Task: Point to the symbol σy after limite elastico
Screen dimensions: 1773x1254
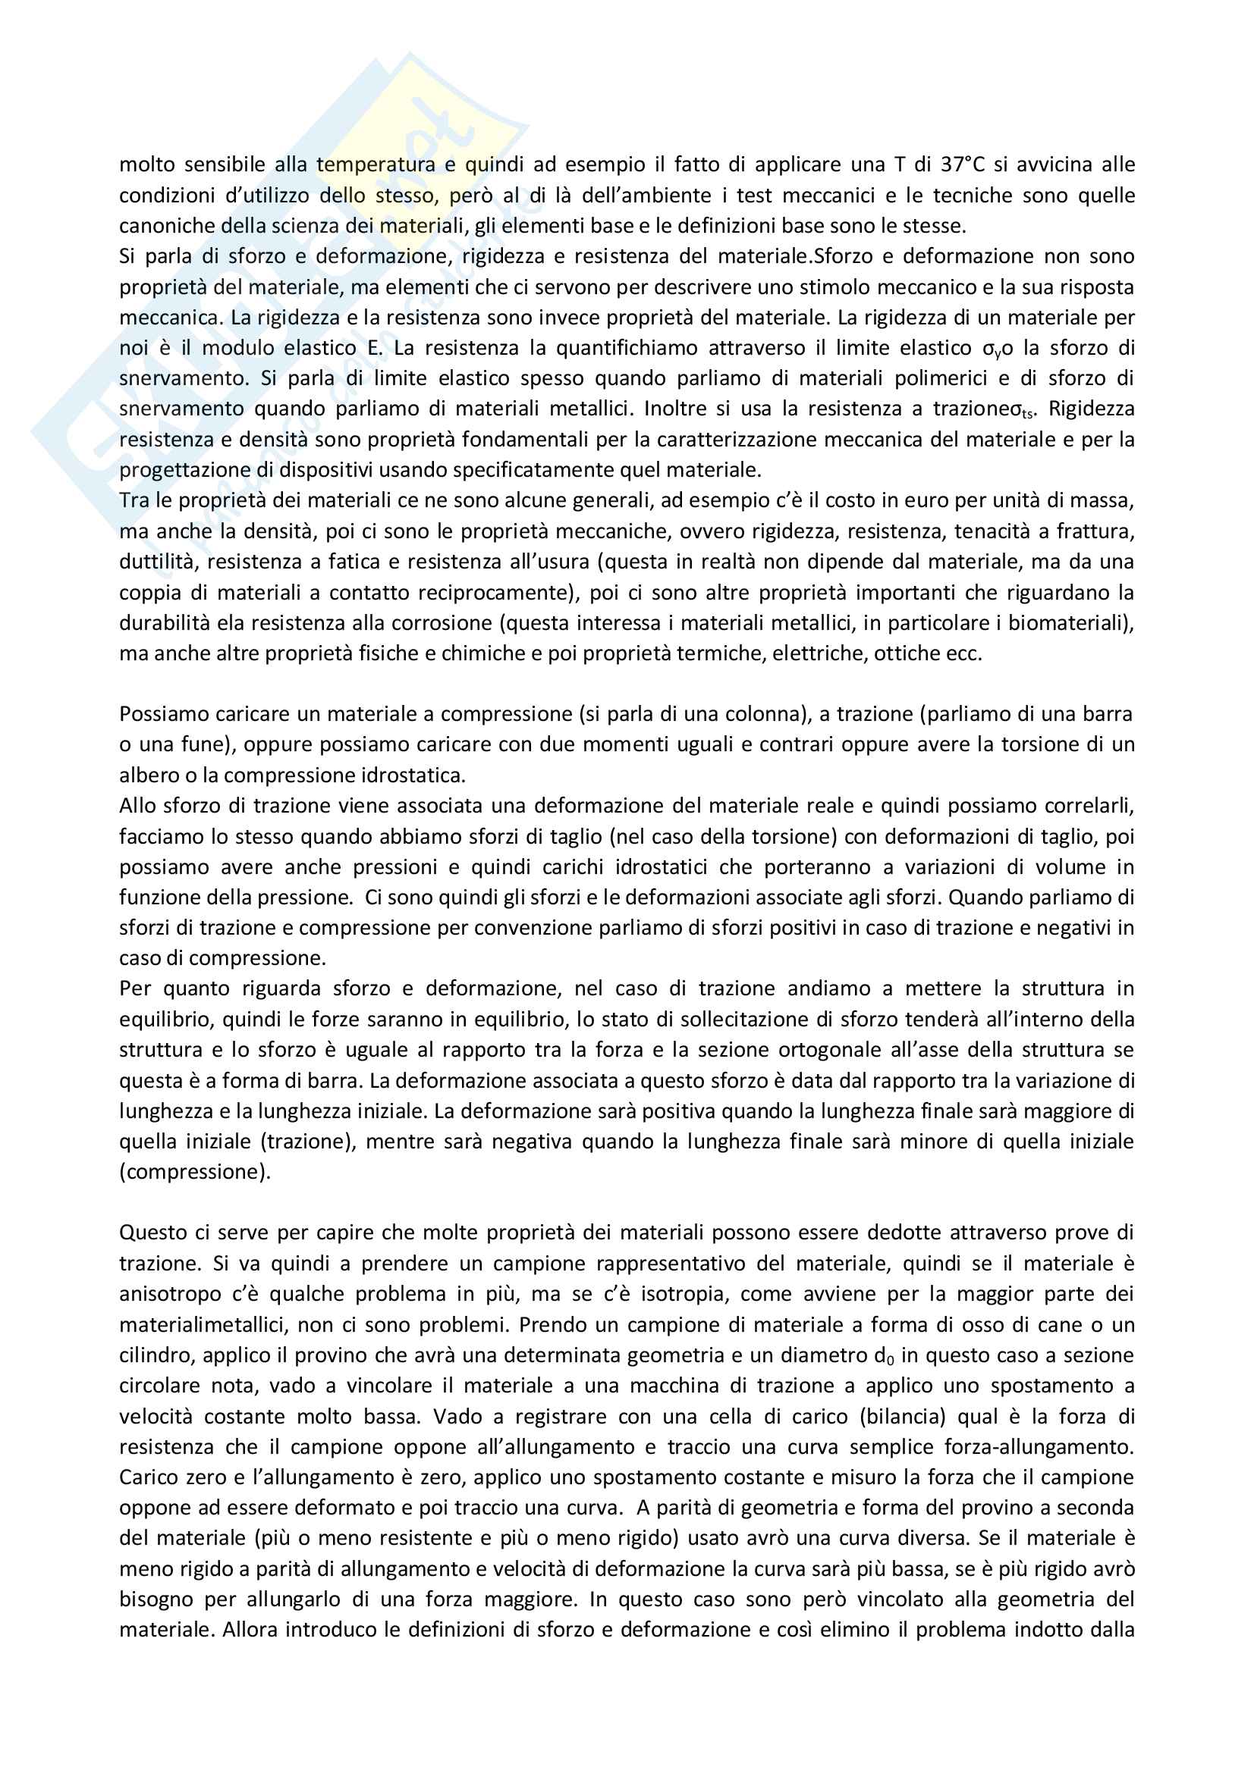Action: [992, 349]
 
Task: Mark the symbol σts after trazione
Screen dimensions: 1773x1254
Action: [1025, 410]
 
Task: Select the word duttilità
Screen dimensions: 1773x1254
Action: [158, 562]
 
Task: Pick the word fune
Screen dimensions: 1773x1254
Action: [203, 745]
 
